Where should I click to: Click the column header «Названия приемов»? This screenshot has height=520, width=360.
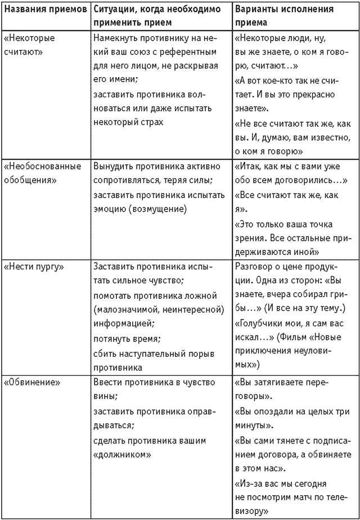click(45, 11)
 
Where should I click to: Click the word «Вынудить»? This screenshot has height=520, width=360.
click(112, 167)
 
